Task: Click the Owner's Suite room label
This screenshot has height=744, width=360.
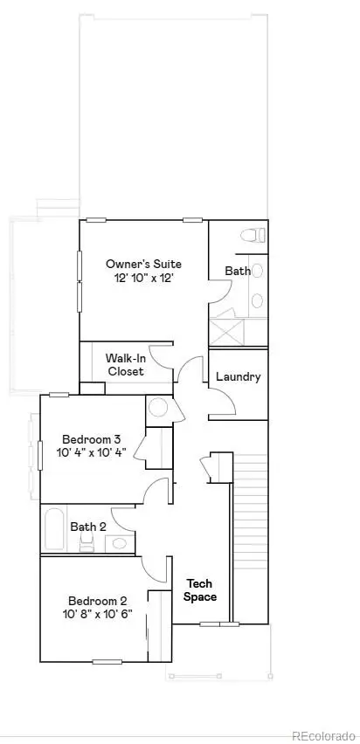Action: tap(142, 263)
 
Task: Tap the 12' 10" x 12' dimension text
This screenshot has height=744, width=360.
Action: tap(142, 278)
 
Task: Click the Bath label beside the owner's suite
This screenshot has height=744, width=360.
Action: tap(238, 271)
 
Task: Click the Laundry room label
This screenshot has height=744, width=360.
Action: tap(238, 377)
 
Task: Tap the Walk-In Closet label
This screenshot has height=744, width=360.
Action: tap(125, 364)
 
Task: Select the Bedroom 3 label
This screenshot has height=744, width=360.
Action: tap(91, 438)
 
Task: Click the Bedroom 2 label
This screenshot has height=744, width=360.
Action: tap(98, 601)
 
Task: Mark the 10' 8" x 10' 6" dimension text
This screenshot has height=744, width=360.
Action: tap(98, 615)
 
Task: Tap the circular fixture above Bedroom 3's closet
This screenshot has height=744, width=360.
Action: tap(157, 408)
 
